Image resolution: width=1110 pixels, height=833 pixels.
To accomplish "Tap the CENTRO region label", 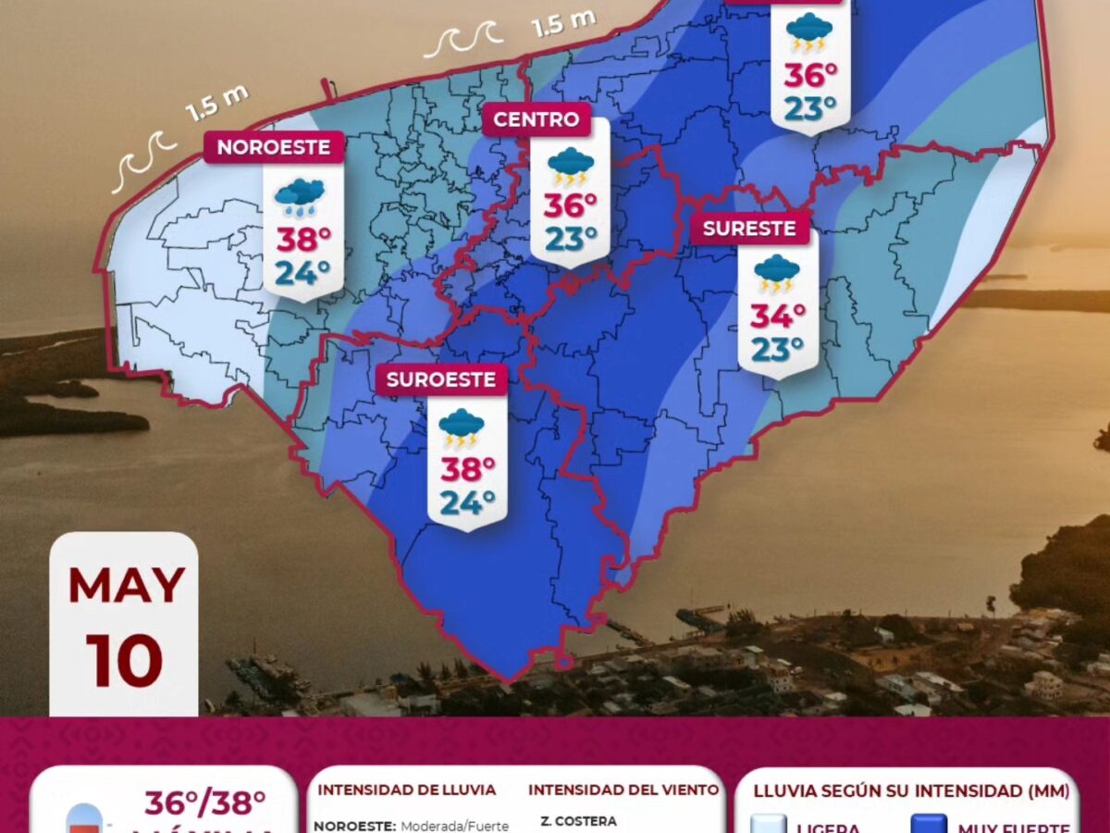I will coord(536,119).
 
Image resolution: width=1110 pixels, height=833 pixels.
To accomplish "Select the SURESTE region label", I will coord(749,229).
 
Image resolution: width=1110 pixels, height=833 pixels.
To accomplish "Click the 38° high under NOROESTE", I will coord(303,240).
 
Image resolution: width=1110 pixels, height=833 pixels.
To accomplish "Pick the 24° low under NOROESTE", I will coord(303,273).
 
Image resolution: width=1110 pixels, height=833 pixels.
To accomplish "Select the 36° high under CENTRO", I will coord(570,205).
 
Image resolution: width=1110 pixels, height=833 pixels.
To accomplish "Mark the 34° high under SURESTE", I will coord(777,317).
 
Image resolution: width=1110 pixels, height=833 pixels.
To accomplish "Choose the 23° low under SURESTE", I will coord(777,350).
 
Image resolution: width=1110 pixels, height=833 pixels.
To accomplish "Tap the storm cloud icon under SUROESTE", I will coord(462,428).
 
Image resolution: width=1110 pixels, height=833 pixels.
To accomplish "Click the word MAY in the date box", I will coord(126,585).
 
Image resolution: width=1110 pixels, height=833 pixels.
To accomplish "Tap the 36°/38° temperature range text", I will coord(204,803).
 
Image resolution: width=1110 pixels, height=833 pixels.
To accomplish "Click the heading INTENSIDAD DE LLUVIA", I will coord(407,790).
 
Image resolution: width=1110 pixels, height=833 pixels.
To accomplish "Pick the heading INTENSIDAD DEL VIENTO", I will coord(623,790).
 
